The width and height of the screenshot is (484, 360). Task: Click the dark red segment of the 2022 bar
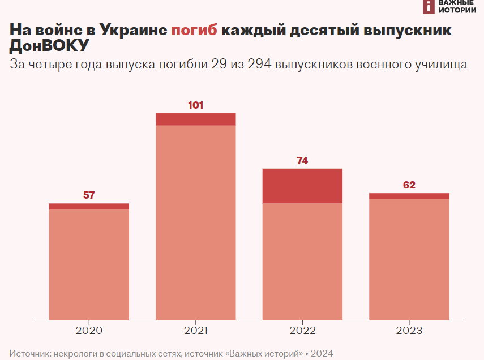(x=302, y=186)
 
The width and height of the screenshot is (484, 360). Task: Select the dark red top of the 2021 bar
(x=195, y=119)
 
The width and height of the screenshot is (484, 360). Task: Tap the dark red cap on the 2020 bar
(x=89, y=207)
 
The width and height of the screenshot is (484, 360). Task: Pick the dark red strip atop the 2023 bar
(x=409, y=196)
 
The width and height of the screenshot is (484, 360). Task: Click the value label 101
(x=195, y=105)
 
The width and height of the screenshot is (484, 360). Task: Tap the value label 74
(x=302, y=161)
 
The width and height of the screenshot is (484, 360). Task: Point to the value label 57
(x=89, y=195)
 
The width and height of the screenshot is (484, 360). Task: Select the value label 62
(x=409, y=185)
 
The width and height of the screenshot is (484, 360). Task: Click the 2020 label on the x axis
(x=89, y=331)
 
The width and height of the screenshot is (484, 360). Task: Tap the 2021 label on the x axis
(x=195, y=331)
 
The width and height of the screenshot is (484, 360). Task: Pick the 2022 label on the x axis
(x=302, y=331)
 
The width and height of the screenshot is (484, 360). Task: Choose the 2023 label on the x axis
(x=409, y=331)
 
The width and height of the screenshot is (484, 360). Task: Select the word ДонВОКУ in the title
(x=49, y=46)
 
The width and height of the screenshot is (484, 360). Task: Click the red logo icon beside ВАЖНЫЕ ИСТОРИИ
(x=429, y=6)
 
